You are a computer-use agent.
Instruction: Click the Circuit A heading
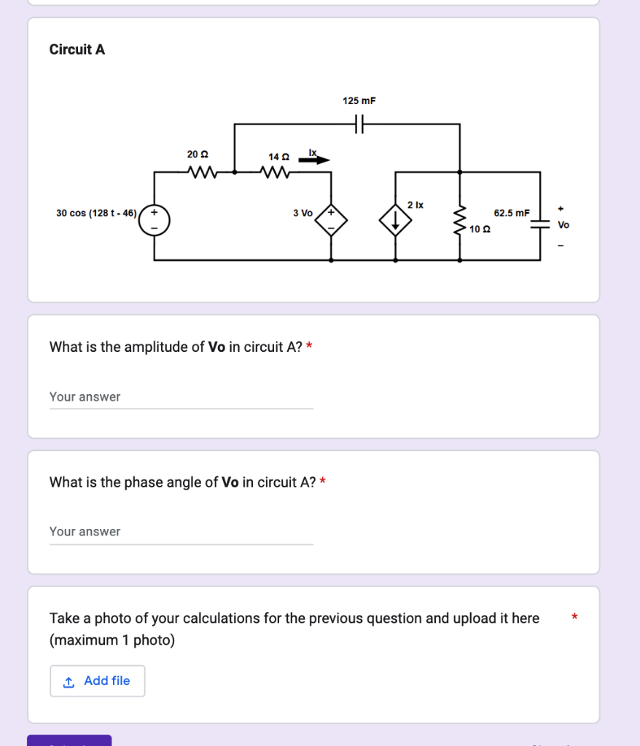(x=77, y=50)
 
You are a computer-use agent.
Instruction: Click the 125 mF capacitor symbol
(x=359, y=125)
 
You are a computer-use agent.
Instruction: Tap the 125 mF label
(x=359, y=101)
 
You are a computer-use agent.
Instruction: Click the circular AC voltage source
(x=155, y=219)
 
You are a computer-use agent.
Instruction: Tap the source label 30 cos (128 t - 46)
(x=96, y=213)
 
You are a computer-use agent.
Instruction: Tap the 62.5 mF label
(x=512, y=213)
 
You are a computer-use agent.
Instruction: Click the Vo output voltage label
(x=563, y=225)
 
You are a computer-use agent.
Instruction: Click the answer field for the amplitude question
(x=181, y=397)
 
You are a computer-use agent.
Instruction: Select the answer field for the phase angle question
(x=181, y=532)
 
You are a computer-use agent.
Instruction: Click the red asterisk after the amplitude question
(x=309, y=347)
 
